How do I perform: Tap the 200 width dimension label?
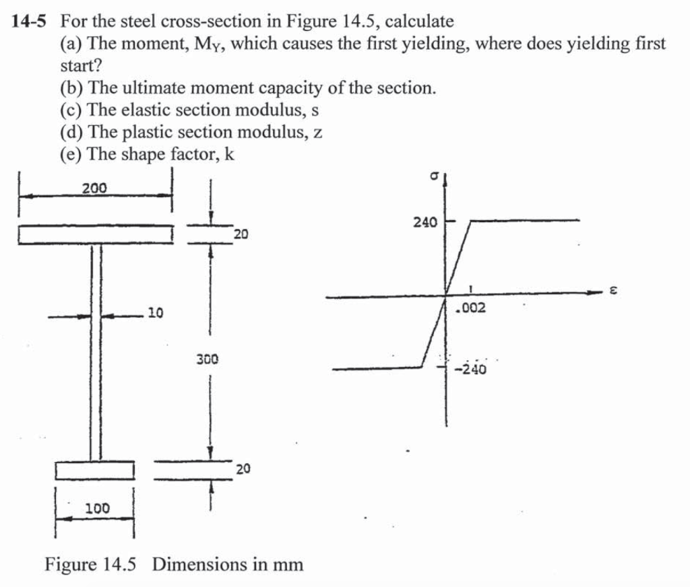[94, 188]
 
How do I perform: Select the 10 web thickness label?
[155, 313]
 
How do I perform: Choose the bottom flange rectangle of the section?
[95, 470]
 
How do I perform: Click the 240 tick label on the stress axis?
[425, 221]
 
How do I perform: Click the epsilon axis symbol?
[614, 291]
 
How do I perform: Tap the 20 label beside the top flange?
[241, 234]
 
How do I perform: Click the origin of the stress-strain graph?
[446, 295]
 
